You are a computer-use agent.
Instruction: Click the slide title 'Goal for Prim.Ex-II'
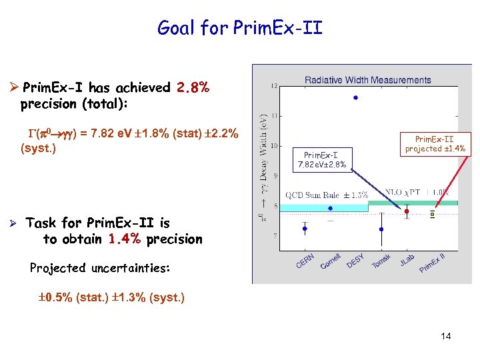coord(239,27)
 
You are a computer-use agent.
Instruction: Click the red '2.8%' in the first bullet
coord(193,88)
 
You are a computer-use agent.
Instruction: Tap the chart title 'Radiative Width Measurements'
coord(367,80)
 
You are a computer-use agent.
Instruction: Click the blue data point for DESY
coord(356,98)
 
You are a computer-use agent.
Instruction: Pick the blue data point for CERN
coord(305,229)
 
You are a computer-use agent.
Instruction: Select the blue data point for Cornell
coord(330,208)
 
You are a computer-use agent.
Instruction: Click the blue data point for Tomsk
coord(381,229)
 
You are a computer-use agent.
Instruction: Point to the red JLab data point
coord(407,211)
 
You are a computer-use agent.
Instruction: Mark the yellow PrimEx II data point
coord(432,215)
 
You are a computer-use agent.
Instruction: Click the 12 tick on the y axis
coord(275,86)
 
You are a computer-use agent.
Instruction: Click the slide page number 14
coord(445,336)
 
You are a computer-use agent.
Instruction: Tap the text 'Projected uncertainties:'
coord(100,268)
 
